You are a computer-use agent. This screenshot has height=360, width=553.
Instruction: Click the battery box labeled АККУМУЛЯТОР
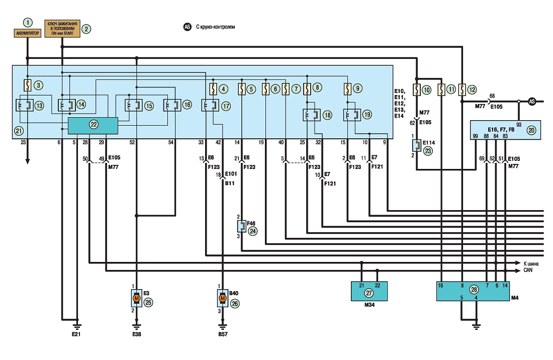(x=28, y=33)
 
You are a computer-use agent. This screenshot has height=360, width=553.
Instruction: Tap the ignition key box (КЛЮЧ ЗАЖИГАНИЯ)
(x=62, y=29)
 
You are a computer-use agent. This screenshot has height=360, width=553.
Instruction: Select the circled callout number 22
(x=94, y=125)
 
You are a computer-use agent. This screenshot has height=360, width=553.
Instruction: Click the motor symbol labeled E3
(x=136, y=298)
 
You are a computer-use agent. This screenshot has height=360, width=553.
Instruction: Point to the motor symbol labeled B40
(x=222, y=298)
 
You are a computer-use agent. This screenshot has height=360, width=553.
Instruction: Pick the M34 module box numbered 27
(x=370, y=291)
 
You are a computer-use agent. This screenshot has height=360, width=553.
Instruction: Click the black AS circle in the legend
(x=188, y=27)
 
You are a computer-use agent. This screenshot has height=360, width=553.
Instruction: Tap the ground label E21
(x=76, y=334)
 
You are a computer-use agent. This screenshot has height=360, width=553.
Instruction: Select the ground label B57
(x=223, y=334)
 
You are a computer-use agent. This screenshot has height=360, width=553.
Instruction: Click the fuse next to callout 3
(x=28, y=85)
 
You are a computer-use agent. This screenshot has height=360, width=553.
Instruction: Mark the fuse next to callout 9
(x=347, y=89)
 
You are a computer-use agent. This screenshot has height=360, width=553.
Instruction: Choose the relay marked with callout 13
(x=25, y=105)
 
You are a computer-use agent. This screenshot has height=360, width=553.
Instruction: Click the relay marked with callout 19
(x=352, y=115)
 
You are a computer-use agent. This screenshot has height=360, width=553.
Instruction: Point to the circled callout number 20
(x=531, y=130)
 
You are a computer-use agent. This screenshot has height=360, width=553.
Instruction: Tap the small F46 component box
(x=242, y=226)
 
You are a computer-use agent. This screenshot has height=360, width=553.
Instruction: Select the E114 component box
(x=417, y=145)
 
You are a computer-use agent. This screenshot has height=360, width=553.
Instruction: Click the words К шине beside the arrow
(x=531, y=263)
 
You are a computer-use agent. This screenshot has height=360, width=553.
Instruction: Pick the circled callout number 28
(x=474, y=290)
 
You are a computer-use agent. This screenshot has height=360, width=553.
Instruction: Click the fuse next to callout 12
(x=462, y=89)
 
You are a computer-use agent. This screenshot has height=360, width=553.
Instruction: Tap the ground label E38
(x=136, y=334)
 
